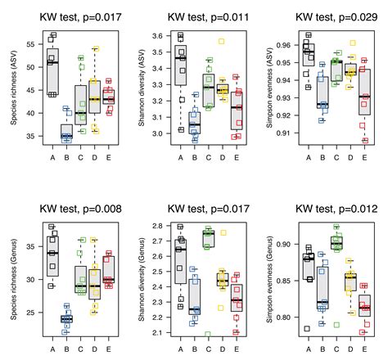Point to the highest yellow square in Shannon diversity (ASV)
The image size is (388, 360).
point(221,41)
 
